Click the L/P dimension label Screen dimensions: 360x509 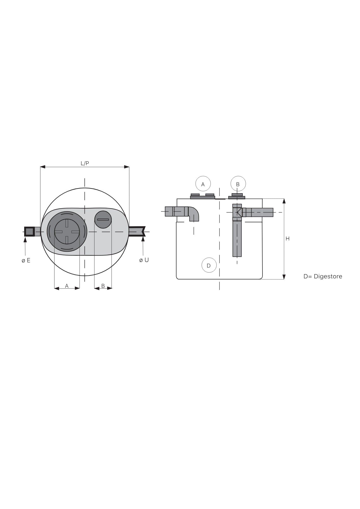tap(85, 163)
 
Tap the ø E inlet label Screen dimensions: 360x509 tap(26, 260)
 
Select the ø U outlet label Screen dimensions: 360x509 tap(144, 260)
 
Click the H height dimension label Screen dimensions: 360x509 tap(287, 239)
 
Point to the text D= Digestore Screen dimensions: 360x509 tap(323, 276)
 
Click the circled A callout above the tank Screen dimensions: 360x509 tap(203, 184)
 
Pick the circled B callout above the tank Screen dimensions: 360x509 tap(238, 184)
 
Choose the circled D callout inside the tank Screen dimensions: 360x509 tap(209, 265)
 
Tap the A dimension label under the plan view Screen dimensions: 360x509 tap(67, 286)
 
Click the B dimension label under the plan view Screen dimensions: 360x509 tap(103, 286)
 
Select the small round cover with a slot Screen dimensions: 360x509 tap(103, 220)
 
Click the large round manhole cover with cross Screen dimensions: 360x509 tap(67, 232)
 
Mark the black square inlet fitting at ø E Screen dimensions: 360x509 tap(30, 232)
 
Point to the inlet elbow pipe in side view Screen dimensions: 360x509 tap(182, 213)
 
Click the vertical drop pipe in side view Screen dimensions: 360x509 tap(237, 230)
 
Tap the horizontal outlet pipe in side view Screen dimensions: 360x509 tap(257, 212)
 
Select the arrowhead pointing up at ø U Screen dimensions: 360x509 tap(143, 239)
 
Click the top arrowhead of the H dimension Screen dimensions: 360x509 tap(284, 201)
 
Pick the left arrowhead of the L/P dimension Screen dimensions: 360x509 tap(43, 167)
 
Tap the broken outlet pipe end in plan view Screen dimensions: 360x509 tap(137, 231)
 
